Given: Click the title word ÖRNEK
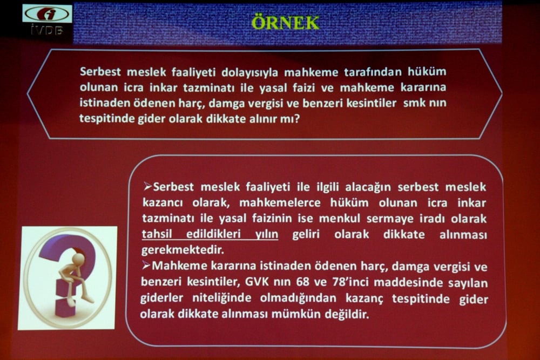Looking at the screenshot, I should click(x=286, y=23).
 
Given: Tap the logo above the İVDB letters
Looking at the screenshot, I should click(x=47, y=13).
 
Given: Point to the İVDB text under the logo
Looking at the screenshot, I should click(x=47, y=31).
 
